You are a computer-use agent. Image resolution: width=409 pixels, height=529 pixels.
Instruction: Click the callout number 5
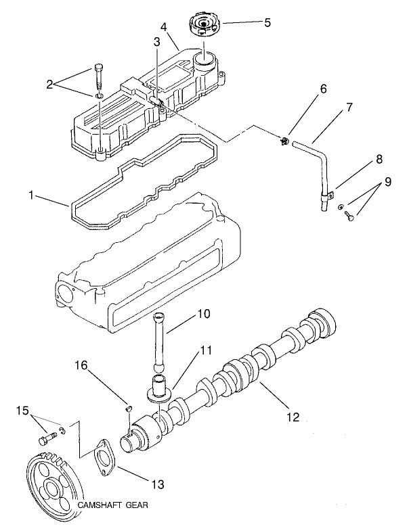click(x=267, y=22)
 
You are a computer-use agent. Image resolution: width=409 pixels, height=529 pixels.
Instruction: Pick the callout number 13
click(x=158, y=484)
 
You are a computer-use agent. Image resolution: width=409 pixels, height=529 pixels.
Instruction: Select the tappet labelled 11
click(x=160, y=390)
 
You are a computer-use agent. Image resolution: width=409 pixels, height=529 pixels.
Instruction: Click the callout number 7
click(x=349, y=108)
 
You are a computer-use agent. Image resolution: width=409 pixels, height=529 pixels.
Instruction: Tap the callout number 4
click(x=163, y=28)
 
